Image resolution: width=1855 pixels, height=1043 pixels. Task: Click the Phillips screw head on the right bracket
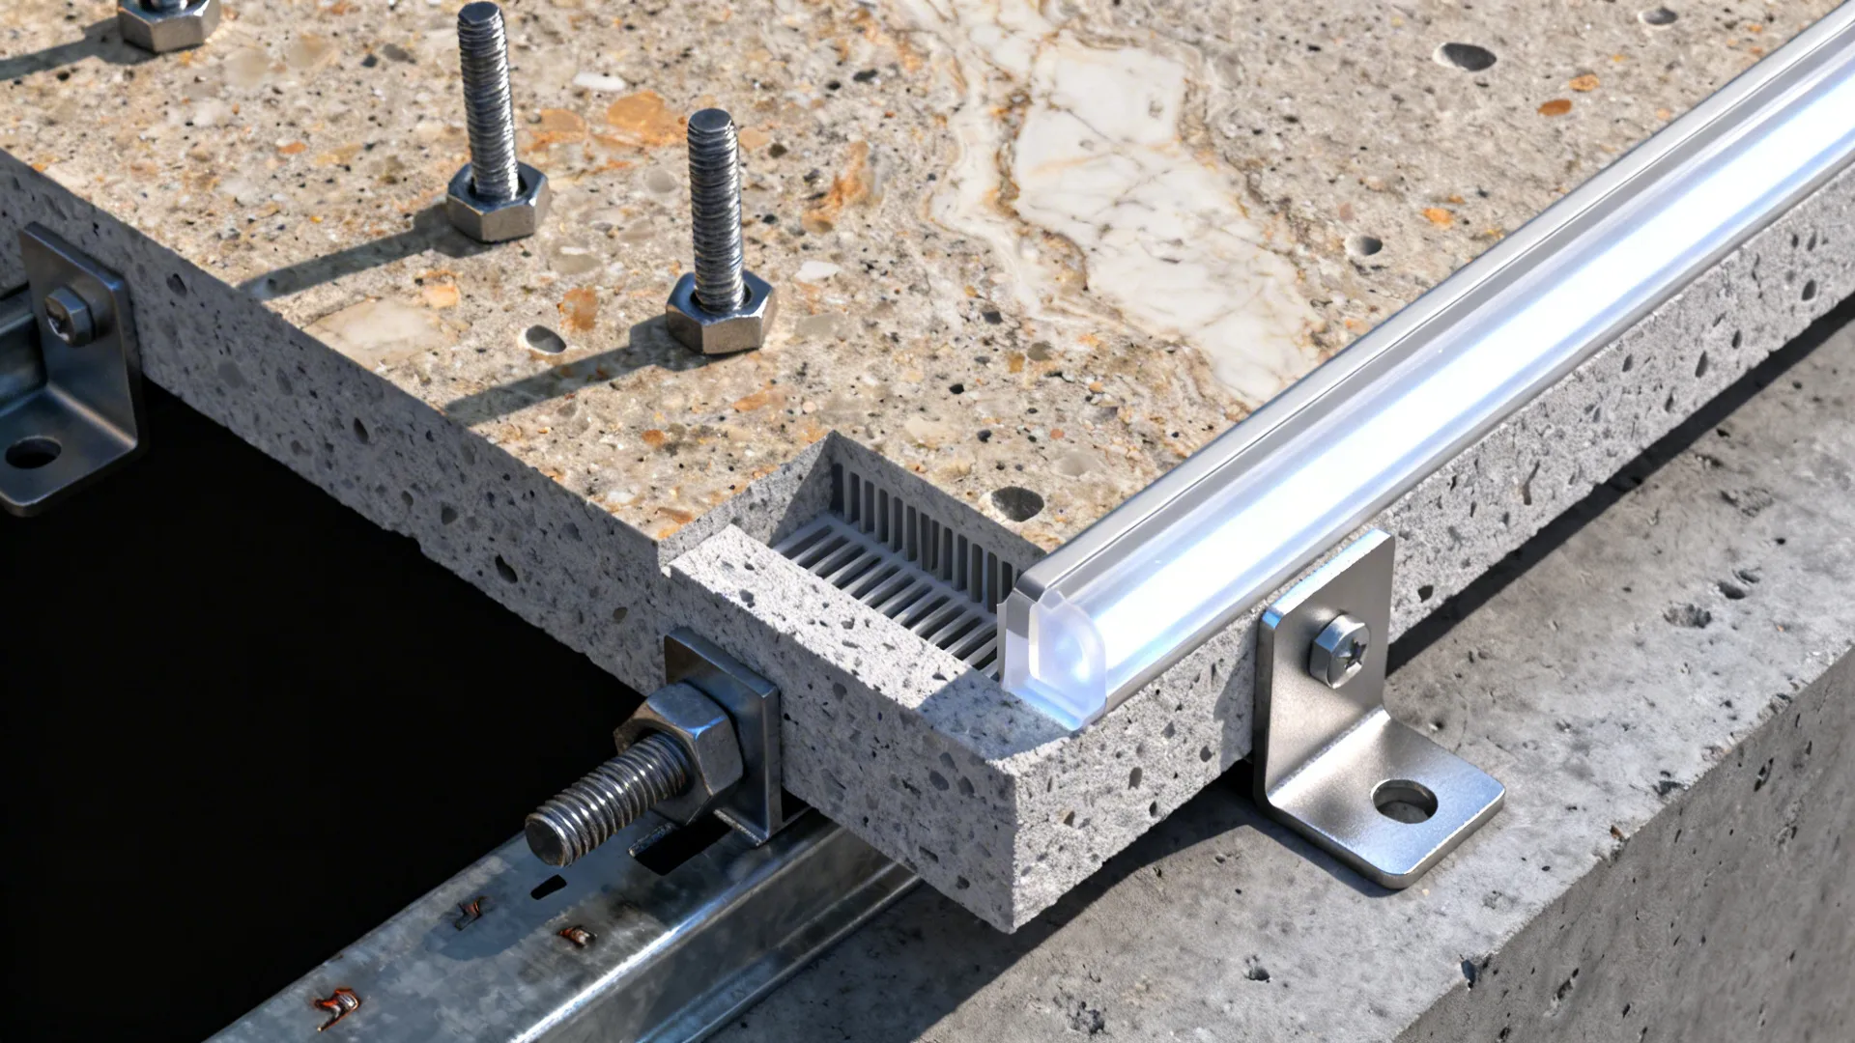(1340, 649)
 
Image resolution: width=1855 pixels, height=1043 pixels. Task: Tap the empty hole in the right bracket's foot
(1404, 801)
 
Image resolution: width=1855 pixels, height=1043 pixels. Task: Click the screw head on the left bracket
(68, 314)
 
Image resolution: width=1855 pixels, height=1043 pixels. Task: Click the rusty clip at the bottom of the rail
(340, 1007)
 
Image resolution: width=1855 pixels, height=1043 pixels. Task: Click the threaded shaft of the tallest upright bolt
(488, 97)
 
